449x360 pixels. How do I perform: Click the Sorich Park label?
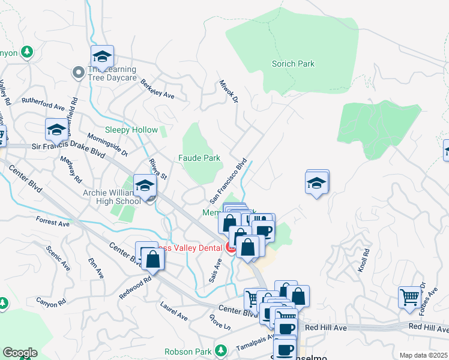pyautogui.click(x=293, y=64)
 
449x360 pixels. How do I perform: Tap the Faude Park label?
pyautogui.click(x=199, y=158)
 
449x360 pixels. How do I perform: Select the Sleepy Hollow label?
pyautogui.click(x=131, y=130)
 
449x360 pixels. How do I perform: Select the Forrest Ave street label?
pyautogui.click(x=53, y=222)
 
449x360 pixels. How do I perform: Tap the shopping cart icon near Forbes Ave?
pyautogui.click(x=409, y=296)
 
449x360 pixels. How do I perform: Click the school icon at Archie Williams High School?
pyautogui.click(x=145, y=185)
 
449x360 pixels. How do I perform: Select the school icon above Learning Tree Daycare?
pyautogui.click(x=102, y=56)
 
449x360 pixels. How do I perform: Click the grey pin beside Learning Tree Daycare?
pyautogui.click(x=78, y=73)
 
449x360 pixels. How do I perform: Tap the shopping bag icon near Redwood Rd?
pyautogui.click(x=153, y=259)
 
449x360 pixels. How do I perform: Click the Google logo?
pyautogui.click(x=20, y=353)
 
